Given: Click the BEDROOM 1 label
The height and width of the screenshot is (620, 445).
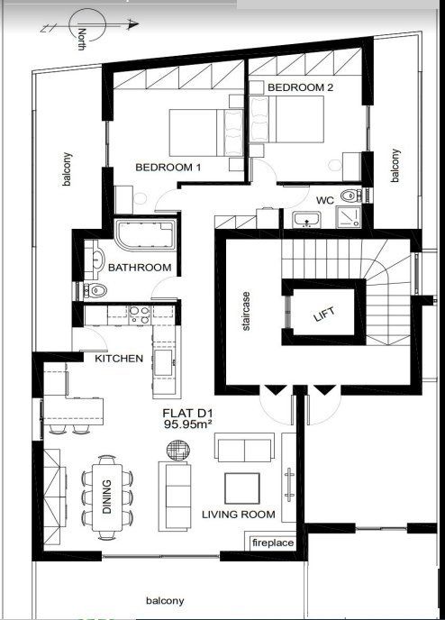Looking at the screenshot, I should [x=168, y=168].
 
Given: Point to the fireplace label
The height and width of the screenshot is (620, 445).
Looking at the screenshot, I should [x=272, y=543].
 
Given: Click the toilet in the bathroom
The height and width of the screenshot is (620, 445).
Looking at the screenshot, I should [x=95, y=290].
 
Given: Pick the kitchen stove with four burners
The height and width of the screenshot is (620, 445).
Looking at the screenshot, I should [x=138, y=315].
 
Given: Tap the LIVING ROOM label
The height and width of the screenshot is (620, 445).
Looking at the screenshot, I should [x=238, y=515].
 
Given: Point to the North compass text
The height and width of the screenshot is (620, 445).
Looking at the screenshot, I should [x=82, y=38].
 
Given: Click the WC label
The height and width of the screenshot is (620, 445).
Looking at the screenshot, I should [x=325, y=200].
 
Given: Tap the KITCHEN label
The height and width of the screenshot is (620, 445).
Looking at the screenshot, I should [x=119, y=359].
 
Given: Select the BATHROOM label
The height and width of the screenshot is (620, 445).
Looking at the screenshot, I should [x=140, y=268].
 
